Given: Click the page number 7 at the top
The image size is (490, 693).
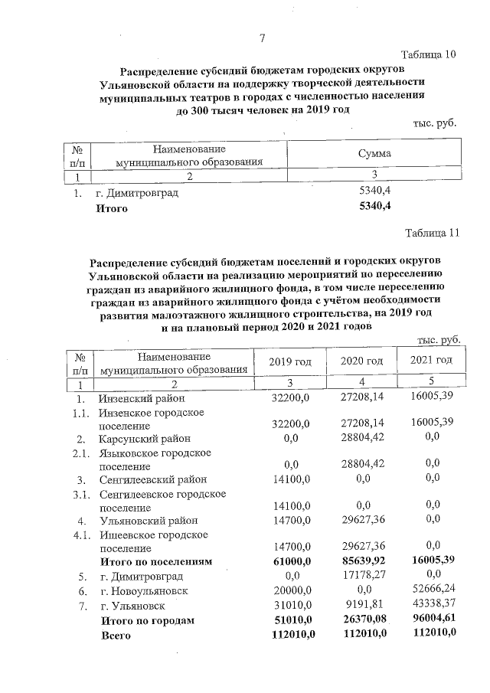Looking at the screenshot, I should click(x=263, y=39).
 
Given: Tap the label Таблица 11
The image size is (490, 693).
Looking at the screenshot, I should click(x=432, y=234).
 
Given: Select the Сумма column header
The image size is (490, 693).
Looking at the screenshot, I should click(x=374, y=153).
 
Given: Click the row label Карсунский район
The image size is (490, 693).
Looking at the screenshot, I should click(x=144, y=439).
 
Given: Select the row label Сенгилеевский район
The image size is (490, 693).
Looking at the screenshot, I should click(x=152, y=479).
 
